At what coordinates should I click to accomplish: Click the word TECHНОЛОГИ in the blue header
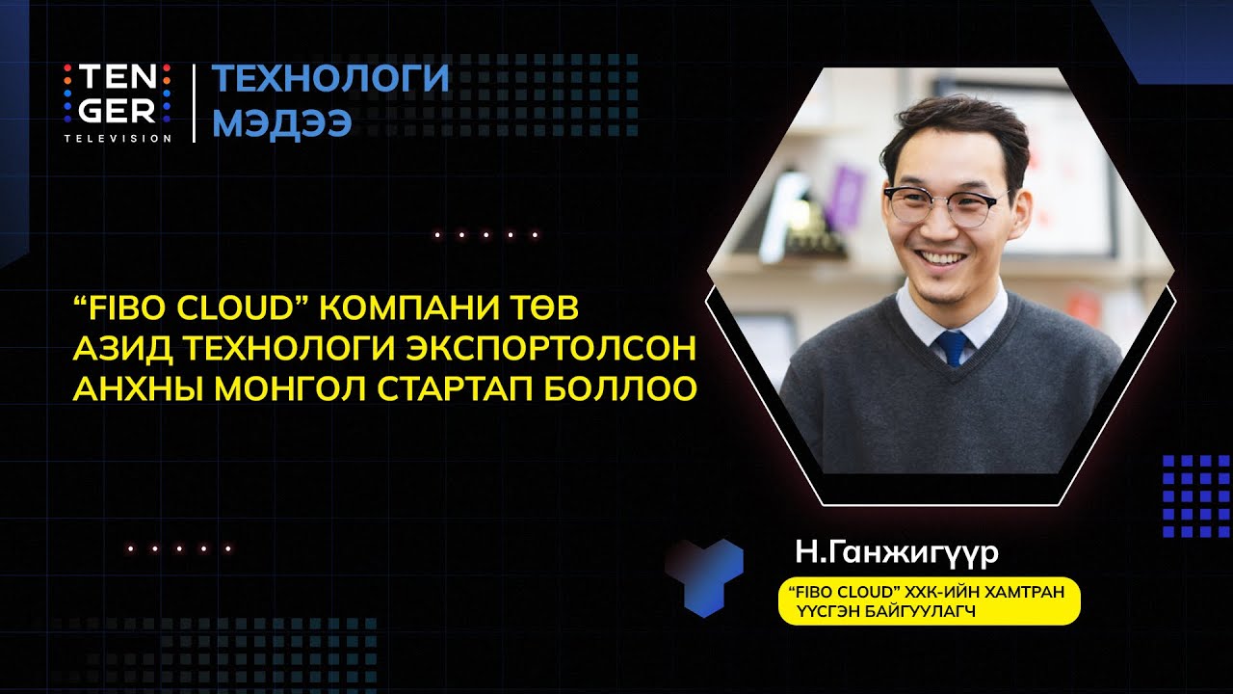[330, 78]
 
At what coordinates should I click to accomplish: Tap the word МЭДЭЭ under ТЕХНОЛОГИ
[281, 123]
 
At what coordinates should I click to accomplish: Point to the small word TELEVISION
[118, 138]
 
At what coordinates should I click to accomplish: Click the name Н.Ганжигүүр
[896, 554]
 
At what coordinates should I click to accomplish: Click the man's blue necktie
[953, 347]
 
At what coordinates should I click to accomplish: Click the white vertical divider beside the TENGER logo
[194, 103]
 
